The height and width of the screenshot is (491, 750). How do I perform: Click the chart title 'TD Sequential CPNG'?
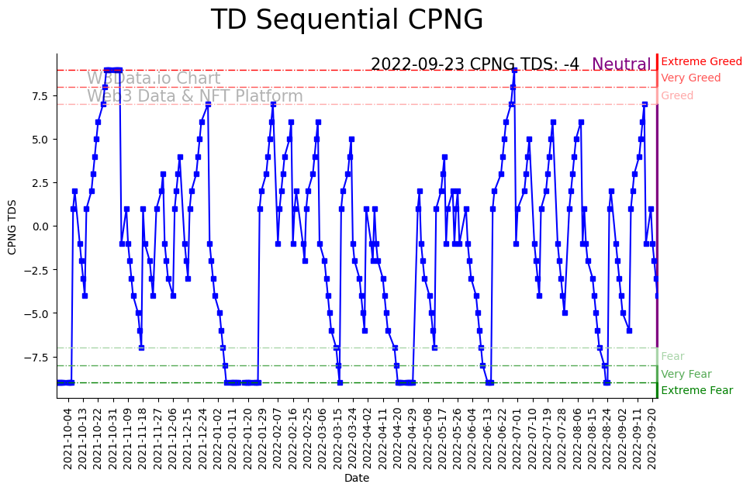(x=347, y=20)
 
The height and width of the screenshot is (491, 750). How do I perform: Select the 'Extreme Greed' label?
(x=701, y=61)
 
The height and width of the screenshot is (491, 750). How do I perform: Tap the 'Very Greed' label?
(x=690, y=78)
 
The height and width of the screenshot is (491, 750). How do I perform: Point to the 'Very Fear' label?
(x=686, y=374)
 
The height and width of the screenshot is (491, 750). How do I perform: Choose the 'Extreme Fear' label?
(x=696, y=390)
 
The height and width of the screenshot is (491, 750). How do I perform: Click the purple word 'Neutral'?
(x=621, y=65)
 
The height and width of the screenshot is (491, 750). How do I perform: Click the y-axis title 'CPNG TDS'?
(x=12, y=226)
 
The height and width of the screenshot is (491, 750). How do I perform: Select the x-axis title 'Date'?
(x=357, y=479)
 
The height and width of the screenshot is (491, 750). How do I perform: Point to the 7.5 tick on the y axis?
(x=38, y=96)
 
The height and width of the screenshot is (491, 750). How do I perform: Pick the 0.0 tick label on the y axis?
(x=38, y=226)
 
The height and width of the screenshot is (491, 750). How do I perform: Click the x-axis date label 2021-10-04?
(x=68, y=438)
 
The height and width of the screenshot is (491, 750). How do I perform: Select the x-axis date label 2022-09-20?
(x=653, y=438)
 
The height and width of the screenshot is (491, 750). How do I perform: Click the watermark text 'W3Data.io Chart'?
(x=154, y=78)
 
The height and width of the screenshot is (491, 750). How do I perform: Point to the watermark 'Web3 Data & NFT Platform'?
(x=195, y=96)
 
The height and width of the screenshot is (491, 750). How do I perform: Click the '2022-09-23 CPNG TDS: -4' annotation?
(x=475, y=64)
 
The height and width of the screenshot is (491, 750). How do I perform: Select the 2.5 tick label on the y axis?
(x=38, y=183)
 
